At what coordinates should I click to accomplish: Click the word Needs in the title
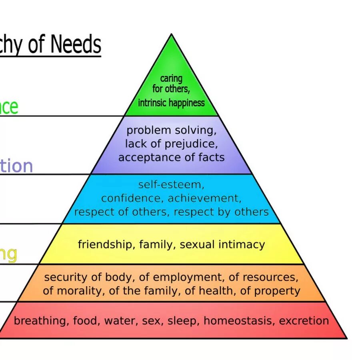[x=76, y=44]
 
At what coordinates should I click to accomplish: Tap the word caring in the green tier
[x=171, y=78]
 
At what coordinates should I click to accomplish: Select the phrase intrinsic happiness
[x=171, y=103]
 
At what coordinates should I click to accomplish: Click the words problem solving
[x=172, y=130]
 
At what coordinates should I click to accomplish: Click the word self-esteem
[x=171, y=185]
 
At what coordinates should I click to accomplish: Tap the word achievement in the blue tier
[x=204, y=198]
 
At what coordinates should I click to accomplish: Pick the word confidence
[x=132, y=198]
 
